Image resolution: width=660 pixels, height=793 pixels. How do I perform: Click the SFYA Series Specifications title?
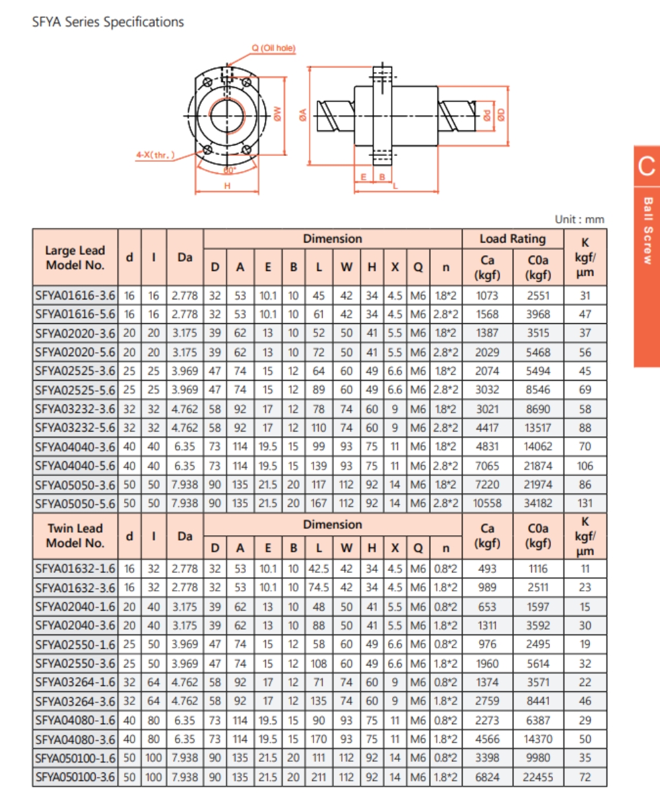coord(108,22)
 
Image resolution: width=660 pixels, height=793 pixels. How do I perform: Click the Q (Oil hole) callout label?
coord(273,48)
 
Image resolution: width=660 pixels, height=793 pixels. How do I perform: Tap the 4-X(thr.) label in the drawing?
coord(156,155)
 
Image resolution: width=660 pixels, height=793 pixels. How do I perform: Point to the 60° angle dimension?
coord(229,170)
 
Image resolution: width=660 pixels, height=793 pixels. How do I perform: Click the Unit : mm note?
coord(579,219)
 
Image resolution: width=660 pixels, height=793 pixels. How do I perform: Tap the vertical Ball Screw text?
coord(647,231)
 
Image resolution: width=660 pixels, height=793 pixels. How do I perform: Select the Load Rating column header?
coord(512,239)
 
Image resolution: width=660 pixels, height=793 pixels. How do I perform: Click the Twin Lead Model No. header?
coord(75,536)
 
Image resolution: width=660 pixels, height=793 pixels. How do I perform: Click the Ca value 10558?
coord(488,504)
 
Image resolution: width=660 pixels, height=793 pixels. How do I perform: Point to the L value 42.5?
coord(319,568)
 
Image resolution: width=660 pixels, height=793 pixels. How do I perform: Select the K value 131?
coord(585,504)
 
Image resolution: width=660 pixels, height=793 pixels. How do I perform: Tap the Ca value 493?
coord(488,568)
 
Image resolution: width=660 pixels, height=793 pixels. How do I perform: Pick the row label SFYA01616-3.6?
coord(75,295)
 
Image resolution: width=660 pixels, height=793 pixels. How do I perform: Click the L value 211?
coord(319,777)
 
